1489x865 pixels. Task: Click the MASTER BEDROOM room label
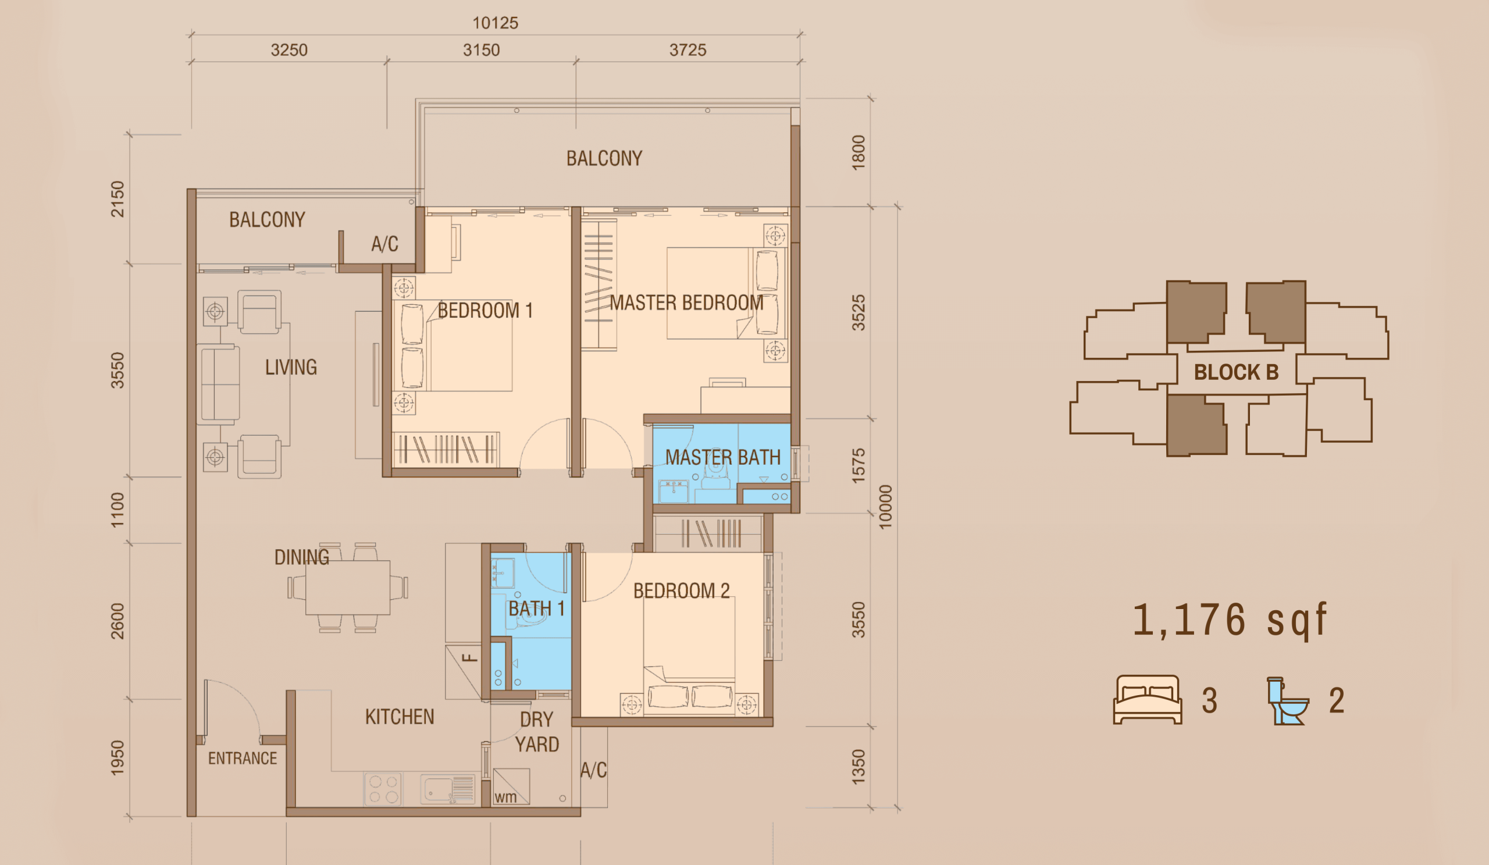686,302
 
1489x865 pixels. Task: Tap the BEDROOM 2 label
681,590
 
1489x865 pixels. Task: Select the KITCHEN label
400,717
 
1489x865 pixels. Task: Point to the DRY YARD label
536,731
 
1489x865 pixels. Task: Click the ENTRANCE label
243,758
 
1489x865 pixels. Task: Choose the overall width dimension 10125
495,23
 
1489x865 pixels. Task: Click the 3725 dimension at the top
687,49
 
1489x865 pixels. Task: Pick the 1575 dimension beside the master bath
859,465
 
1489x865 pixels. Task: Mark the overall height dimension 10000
885,506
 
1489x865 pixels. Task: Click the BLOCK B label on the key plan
1236,372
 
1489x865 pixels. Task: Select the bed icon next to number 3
1148,700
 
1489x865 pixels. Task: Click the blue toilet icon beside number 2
1288,701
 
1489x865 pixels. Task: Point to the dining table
347,588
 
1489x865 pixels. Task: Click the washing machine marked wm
511,786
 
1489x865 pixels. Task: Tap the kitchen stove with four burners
383,789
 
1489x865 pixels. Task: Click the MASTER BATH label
722,457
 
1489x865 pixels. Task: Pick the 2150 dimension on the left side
117,199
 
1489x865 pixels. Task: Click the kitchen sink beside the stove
448,789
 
